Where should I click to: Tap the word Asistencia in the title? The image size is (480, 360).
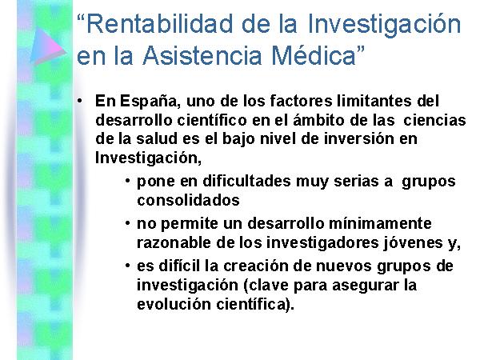pos(202,55)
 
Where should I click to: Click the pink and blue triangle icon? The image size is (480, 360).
pos(48,46)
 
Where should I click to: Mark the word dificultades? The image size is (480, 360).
pos(246,181)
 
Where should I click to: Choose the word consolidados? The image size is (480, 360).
pos(188,201)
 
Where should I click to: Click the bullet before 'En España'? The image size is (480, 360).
pos(79,101)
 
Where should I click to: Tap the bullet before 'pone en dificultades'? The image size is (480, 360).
pos(128,181)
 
